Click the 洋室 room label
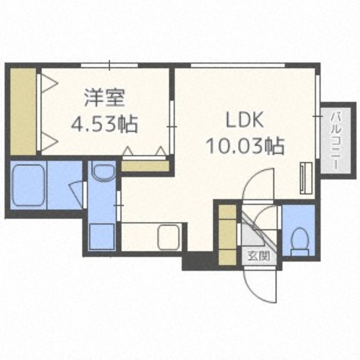[104, 98]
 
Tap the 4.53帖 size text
[104, 123]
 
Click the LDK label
[244, 121]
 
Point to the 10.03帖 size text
[244, 146]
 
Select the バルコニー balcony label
[336, 140]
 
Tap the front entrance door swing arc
[260, 285]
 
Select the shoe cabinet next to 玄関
[227, 234]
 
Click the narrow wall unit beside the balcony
[305, 178]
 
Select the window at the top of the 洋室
[109, 66]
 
